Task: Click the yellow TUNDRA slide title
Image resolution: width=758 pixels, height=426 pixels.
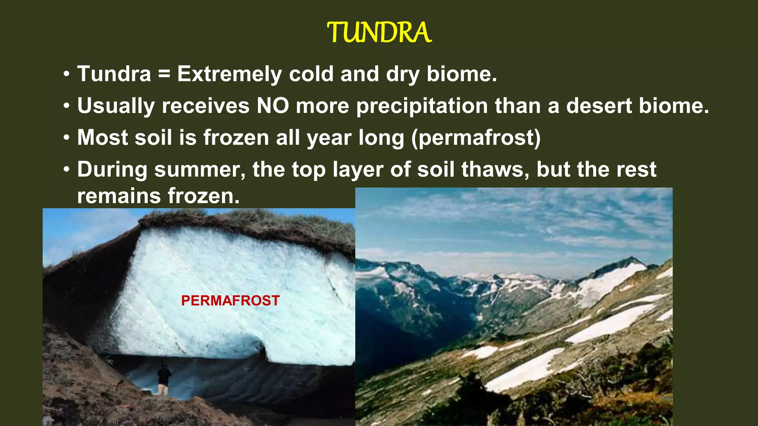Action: [379, 33]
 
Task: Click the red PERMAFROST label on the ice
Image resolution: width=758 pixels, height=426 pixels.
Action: [230, 301]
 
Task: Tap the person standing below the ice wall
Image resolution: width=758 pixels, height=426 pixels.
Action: [164, 379]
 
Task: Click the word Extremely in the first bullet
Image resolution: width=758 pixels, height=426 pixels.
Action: [229, 74]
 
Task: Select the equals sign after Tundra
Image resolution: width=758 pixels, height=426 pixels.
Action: [164, 74]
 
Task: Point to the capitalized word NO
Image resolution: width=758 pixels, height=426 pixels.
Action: [273, 106]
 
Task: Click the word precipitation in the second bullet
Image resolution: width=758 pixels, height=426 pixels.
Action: [422, 106]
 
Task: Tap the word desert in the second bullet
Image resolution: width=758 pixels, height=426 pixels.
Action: [599, 106]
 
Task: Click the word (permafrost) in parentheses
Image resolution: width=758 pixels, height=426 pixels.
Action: [476, 138]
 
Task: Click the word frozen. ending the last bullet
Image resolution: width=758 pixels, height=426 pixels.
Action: [204, 196]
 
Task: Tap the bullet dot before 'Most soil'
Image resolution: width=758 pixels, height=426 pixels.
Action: [67, 138]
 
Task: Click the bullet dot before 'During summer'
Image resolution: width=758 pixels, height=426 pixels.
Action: [67, 170]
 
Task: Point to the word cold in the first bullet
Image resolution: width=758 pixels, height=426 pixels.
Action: [311, 74]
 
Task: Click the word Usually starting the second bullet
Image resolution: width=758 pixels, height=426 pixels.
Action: [116, 106]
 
